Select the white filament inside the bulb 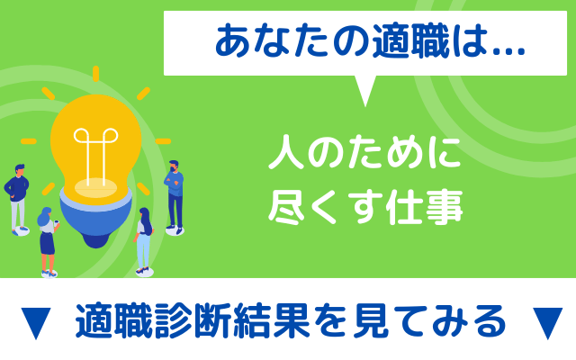pyautogui.click(x=96, y=154)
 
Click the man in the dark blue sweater pyautogui.click(x=17, y=199)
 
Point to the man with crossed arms pyautogui.click(x=175, y=196)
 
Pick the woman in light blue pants pyautogui.click(x=144, y=240)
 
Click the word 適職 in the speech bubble pyautogui.click(x=410, y=41)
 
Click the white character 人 pyautogui.click(x=286, y=152)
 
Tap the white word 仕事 pyautogui.click(x=424, y=207)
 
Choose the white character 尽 pyautogui.click(x=286, y=207)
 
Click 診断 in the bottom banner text pyautogui.click(x=193, y=320)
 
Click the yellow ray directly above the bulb pyautogui.click(x=96, y=74)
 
